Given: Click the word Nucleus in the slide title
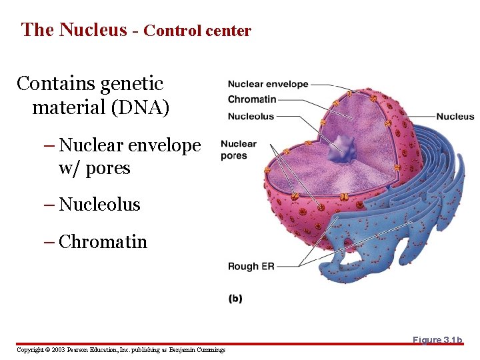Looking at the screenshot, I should (x=93, y=30).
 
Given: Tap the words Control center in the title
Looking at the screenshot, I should (x=197, y=31).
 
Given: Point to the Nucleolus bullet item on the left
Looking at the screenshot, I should (x=99, y=204).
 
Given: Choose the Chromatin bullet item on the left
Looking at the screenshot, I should (x=103, y=241).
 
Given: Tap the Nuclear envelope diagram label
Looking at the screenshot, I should (x=267, y=84).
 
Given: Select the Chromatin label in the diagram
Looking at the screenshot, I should (x=251, y=99).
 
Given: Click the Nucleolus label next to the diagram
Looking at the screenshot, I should (x=251, y=116).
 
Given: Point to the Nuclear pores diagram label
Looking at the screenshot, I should (x=238, y=149).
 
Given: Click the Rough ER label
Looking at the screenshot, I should (x=251, y=266).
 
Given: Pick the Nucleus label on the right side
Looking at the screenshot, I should (x=455, y=117).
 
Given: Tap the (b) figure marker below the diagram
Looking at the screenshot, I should (x=235, y=299).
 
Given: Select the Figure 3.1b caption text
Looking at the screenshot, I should (x=437, y=340).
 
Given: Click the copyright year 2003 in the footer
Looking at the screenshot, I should (x=60, y=350).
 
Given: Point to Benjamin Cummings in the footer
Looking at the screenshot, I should (x=197, y=350).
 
